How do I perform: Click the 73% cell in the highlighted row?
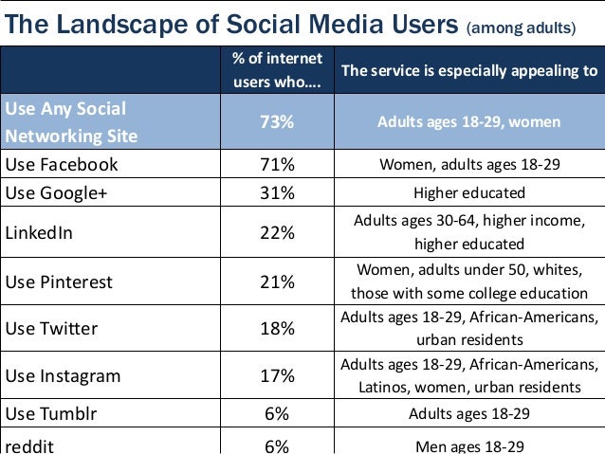click(278, 122)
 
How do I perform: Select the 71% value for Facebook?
click(278, 164)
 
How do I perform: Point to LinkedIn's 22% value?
click(278, 232)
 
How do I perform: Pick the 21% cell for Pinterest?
click(278, 281)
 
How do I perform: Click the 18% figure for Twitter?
click(278, 329)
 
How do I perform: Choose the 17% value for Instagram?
click(278, 376)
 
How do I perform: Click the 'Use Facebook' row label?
click(62, 164)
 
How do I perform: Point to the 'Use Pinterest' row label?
click(59, 281)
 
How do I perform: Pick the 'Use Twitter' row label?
click(53, 329)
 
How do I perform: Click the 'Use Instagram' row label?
click(64, 376)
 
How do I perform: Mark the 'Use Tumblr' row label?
click(51, 413)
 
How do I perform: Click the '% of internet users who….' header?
click(278, 70)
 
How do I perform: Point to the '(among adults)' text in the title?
click(521, 27)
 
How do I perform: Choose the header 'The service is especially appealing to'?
click(469, 70)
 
